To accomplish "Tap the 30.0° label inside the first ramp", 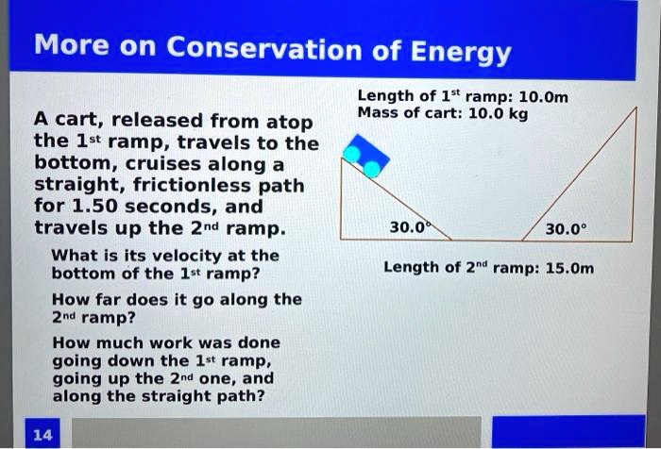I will [409, 227].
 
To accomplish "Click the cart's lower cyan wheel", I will [372, 168].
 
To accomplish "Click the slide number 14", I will [42, 434].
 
